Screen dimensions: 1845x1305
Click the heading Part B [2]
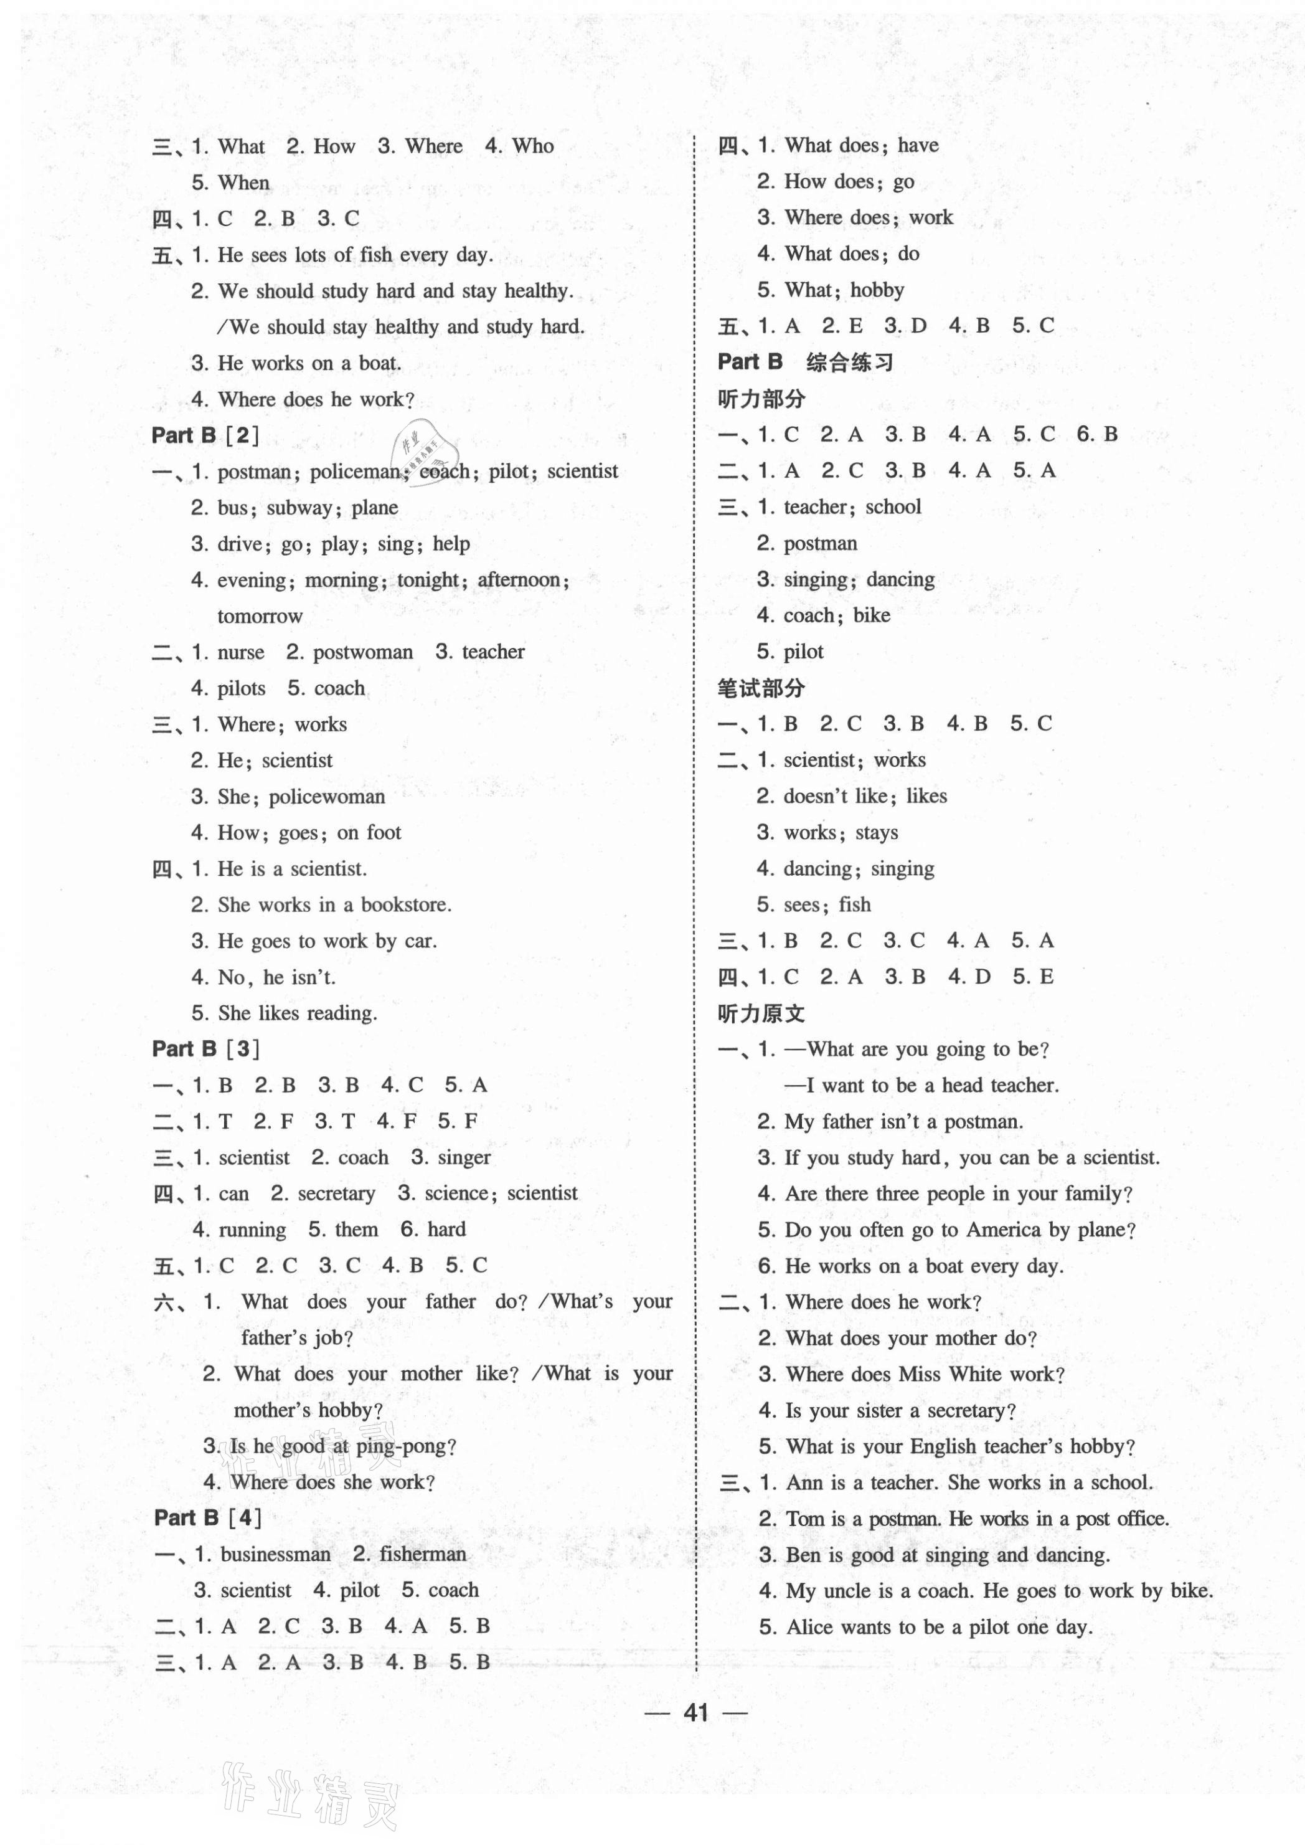click(205, 436)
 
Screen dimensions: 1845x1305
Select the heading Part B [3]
click(205, 1048)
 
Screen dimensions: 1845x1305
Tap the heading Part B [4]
click(207, 1518)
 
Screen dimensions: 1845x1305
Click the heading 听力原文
click(760, 1013)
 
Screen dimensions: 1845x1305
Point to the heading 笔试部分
click(760, 688)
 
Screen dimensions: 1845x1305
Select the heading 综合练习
click(849, 363)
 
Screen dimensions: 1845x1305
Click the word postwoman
click(362, 653)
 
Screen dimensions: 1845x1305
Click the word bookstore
click(405, 905)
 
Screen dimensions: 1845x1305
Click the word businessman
click(275, 1555)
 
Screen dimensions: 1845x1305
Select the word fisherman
click(423, 1555)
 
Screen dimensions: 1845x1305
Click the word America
click(1017, 1230)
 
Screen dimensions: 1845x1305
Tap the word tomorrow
click(260, 617)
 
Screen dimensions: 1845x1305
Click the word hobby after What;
click(877, 290)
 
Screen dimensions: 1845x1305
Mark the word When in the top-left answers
click(243, 183)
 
